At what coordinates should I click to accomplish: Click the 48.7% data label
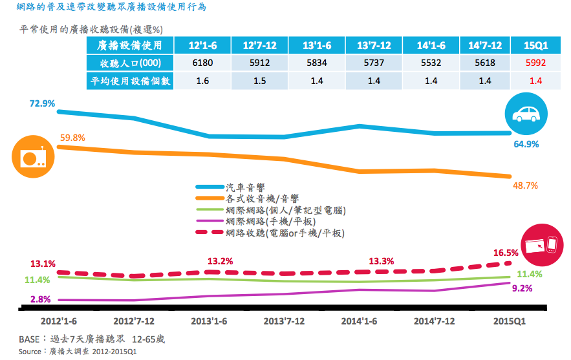(x=524, y=185)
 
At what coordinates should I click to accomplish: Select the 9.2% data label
(x=522, y=289)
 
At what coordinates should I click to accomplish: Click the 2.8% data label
(x=41, y=299)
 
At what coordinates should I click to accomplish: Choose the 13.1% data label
(x=43, y=264)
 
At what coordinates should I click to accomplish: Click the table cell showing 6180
(x=202, y=63)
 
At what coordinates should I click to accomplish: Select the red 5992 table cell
(x=535, y=63)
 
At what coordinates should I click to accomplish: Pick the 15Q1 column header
(x=535, y=45)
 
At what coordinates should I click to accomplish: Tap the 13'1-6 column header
(x=318, y=45)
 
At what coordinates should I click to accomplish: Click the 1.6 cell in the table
(x=202, y=81)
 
